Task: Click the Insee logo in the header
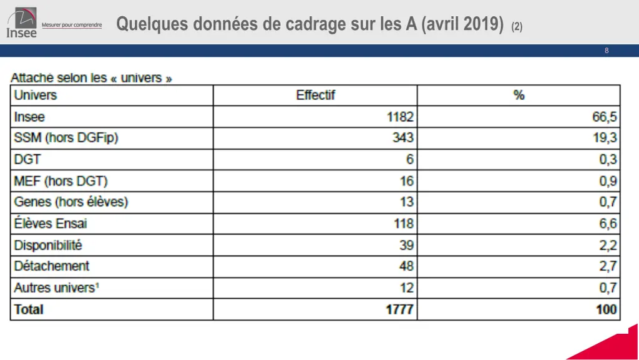click(22, 22)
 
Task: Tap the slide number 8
click(607, 51)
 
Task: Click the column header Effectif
click(315, 95)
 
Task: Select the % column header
click(519, 95)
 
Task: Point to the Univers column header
click(36, 95)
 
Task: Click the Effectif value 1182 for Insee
click(399, 117)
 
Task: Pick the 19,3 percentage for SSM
click(605, 138)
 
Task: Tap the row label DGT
click(27, 160)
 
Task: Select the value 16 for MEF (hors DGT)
click(406, 182)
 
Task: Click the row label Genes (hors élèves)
click(71, 202)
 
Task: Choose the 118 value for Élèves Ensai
click(403, 223)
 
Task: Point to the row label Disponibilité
click(48, 245)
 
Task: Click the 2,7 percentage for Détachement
click(608, 266)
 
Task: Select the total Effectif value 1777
click(399, 309)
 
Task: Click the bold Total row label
click(29, 309)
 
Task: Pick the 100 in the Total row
click(606, 309)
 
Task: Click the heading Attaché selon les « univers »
click(91, 79)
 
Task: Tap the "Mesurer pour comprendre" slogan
click(72, 25)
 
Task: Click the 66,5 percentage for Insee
click(605, 117)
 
